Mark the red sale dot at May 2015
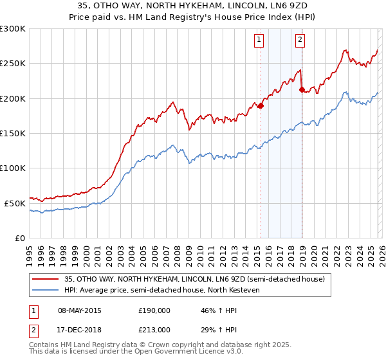(x=261, y=106)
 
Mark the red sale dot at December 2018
(x=302, y=89)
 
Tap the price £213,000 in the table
(x=154, y=329)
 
